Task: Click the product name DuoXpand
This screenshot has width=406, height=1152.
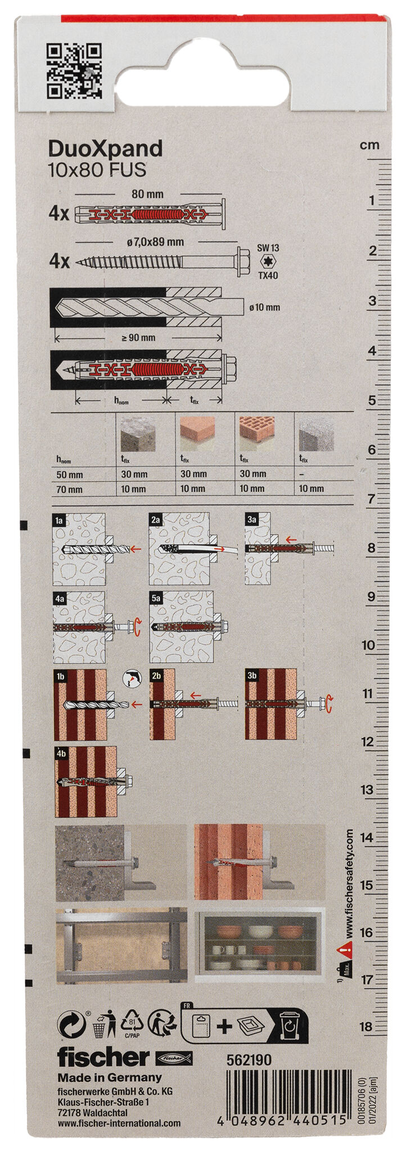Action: pos(105,149)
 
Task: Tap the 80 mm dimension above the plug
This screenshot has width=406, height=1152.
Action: pos(147,194)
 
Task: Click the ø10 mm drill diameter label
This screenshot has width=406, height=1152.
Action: pos(264,307)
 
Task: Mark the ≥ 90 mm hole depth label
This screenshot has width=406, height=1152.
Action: pos(138,337)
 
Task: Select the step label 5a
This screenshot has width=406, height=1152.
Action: pos(156,599)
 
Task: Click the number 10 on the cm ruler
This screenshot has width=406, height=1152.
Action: pos(368,645)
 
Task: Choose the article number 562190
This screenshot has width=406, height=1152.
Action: pos(249,1060)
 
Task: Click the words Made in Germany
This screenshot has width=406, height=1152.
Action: pos(109,1078)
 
